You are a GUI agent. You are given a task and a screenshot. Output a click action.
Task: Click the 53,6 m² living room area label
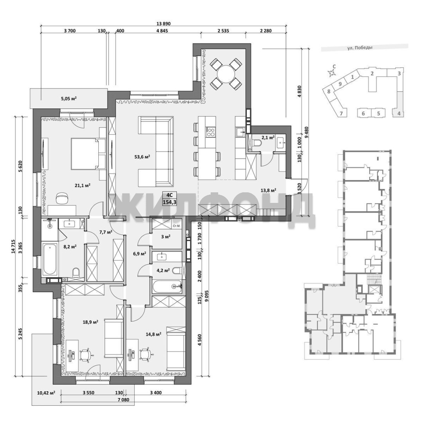tap(142, 156)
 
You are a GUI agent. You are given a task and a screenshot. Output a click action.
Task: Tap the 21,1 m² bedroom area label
tap(82, 185)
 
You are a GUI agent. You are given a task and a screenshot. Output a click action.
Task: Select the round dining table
tap(226, 74)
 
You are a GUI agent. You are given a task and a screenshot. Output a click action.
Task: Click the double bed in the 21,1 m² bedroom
tap(88, 154)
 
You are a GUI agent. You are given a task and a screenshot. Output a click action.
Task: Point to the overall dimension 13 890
tap(164, 24)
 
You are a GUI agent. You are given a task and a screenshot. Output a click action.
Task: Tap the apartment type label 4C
tap(170, 195)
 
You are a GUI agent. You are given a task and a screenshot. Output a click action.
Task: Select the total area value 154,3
tap(170, 202)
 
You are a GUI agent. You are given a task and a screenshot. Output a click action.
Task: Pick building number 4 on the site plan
tap(399, 114)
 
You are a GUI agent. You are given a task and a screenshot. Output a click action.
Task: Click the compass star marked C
tap(332, 72)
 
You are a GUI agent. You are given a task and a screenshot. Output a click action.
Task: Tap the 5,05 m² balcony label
tap(69, 98)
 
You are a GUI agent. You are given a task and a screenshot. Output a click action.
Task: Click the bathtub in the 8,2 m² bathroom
tap(50, 258)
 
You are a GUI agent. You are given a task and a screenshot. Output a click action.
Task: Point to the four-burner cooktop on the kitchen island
tap(210, 132)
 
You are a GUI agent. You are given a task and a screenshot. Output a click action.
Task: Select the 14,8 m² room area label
tap(153, 334)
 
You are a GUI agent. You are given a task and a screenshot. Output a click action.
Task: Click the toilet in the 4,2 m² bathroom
tap(177, 270)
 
